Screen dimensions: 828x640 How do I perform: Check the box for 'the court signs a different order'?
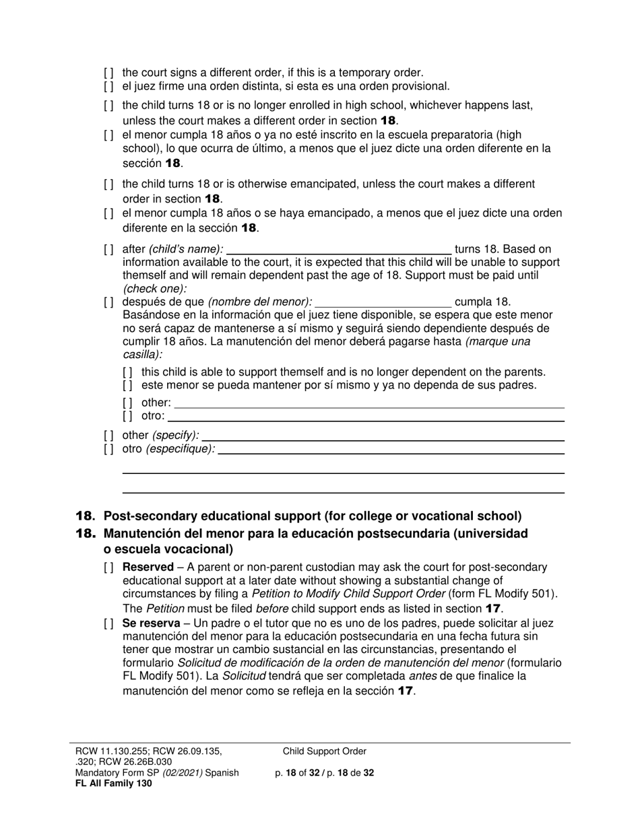pos(108,72)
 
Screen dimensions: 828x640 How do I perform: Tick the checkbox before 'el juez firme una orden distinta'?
pos(108,86)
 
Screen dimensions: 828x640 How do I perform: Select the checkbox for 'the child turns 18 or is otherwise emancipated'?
pos(108,184)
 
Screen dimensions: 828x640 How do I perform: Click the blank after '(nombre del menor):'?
pos(383,302)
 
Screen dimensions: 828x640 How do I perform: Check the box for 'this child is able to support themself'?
pos(128,372)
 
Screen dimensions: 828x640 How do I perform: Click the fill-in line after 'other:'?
pos(369,403)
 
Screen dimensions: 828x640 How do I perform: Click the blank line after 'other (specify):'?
pos(383,436)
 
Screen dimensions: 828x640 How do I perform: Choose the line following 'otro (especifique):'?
pos(391,449)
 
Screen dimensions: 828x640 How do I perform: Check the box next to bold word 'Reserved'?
pos(108,567)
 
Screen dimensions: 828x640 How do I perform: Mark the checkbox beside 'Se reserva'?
pos(108,624)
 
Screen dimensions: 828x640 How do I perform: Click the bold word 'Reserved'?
pos(148,567)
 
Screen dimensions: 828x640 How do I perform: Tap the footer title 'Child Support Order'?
pos(325,751)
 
